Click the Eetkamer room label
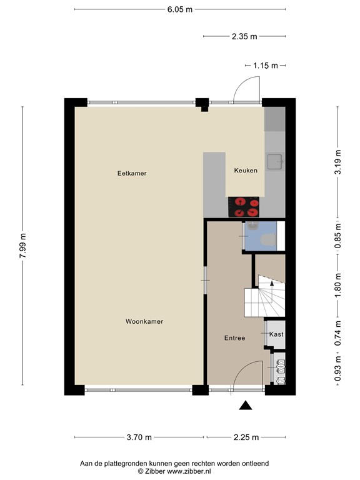[x=132, y=173]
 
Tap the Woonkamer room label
[x=144, y=321]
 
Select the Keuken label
[x=246, y=171]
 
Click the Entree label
[x=234, y=338]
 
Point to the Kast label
[x=276, y=334]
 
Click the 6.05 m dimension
[x=180, y=9]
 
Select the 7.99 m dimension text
[x=23, y=246]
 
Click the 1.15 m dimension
[x=266, y=65]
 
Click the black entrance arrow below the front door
[x=246, y=406]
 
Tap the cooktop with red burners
[x=244, y=206]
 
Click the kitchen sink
[x=274, y=162]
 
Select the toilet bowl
[x=266, y=239]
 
